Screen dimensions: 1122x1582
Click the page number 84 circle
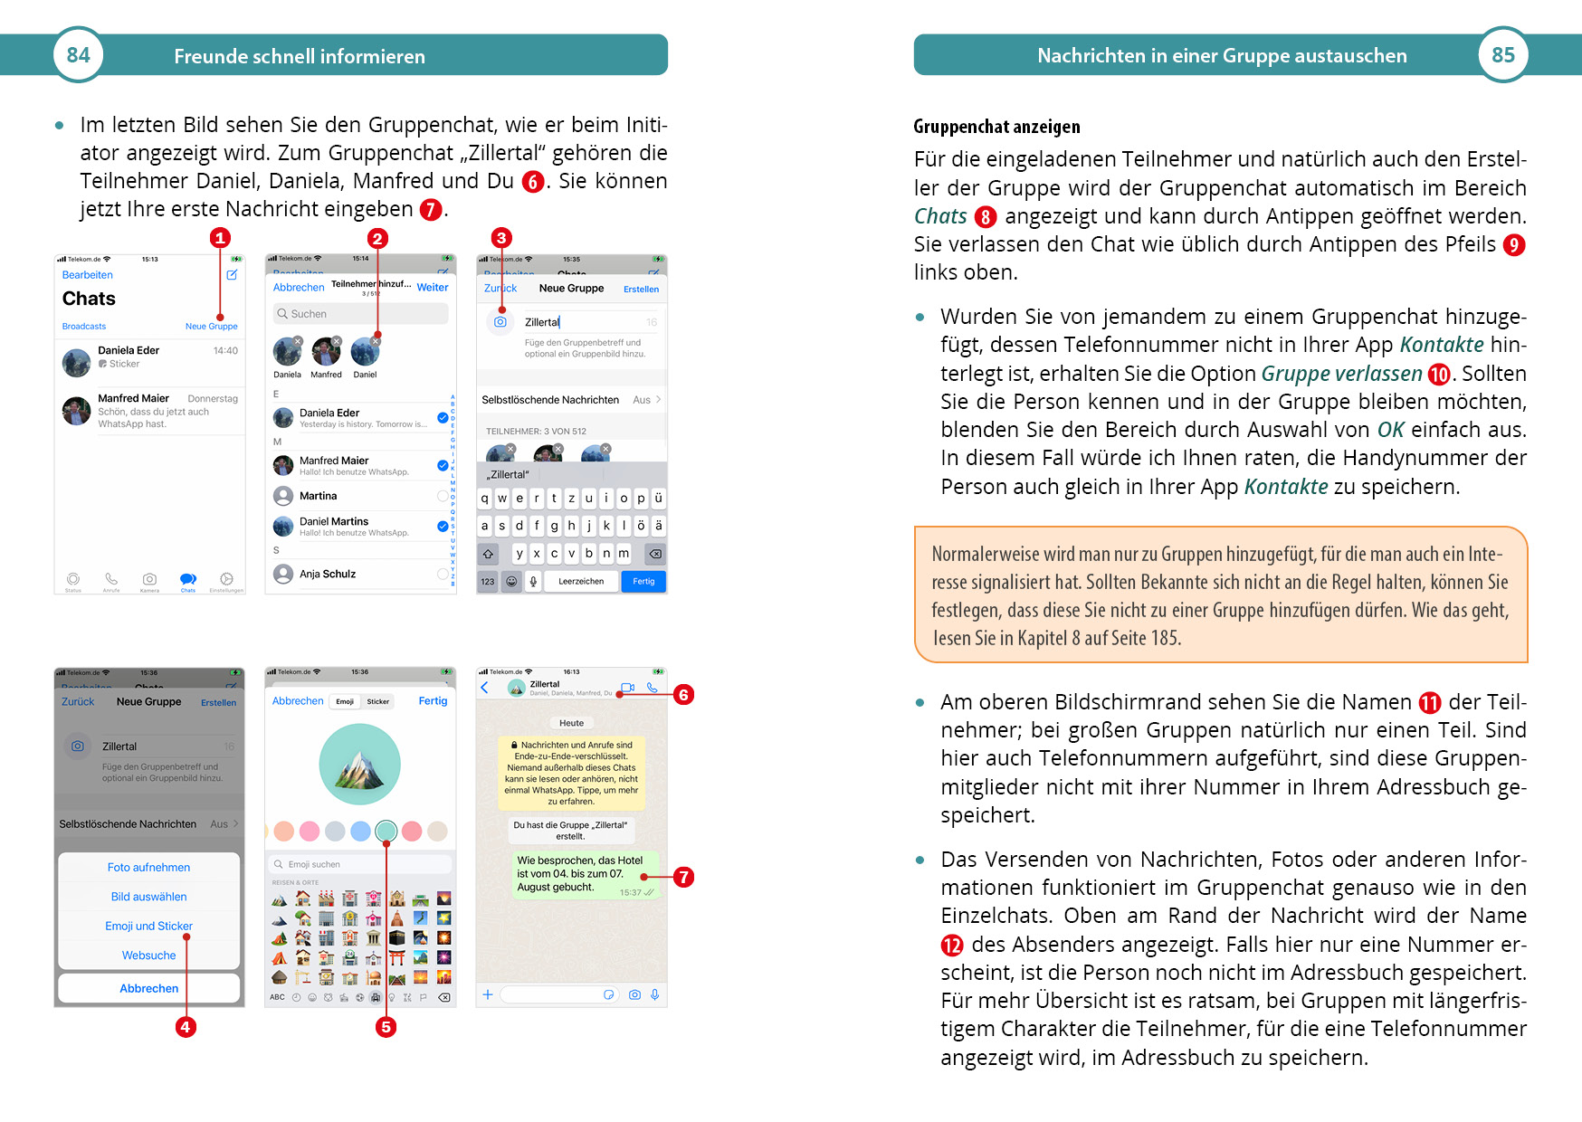(x=79, y=55)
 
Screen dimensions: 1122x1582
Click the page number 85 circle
(x=1502, y=55)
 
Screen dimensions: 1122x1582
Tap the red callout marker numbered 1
(x=220, y=238)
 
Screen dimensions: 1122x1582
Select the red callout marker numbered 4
(x=186, y=1027)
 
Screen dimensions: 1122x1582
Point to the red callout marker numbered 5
(x=386, y=1027)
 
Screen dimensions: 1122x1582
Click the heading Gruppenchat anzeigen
(x=996, y=127)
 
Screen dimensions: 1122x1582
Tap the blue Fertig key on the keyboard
(x=643, y=582)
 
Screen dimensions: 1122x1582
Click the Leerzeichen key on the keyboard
(x=581, y=582)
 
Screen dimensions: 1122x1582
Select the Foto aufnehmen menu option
(x=148, y=867)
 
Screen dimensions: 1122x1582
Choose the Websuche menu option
(x=148, y=956)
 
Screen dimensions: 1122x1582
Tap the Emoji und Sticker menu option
(x=148, y=926)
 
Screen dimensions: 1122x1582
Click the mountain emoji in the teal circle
(x=359, y=765)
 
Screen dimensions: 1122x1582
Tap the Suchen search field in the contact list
(x=360, y=314)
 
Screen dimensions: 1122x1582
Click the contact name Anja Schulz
(x=328, y=574)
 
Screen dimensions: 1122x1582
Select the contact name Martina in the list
(x=318, y=496)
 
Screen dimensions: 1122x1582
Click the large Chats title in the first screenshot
(x=89, y=299)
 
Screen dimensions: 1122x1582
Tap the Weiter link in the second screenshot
(x=433, y=287)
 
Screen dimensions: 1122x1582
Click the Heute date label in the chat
(x=571, y=723)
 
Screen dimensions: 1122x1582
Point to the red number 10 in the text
(x=1439, y=375)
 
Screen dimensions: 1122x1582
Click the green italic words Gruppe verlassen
(x=1341, y=374)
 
